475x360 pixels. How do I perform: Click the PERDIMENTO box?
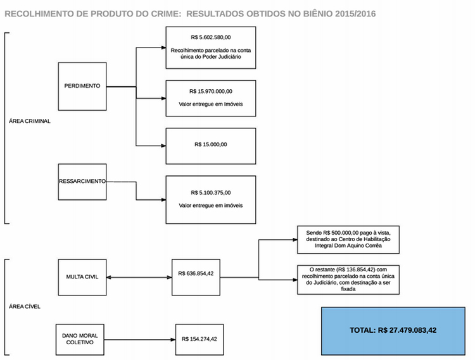click(82, 87)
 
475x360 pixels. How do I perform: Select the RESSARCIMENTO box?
click(82, 182)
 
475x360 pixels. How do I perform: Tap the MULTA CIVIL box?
click(82, 277)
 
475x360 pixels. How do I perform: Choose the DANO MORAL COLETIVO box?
click(80, 339)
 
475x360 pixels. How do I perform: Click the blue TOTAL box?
click(393, 331)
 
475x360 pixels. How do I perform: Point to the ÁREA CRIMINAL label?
click(30, 121)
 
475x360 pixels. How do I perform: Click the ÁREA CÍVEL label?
click(25, 306)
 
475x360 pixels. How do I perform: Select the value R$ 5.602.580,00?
click(211, 37)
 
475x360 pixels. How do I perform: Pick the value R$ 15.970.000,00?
click(211, 91)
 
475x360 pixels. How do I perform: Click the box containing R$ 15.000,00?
click(211, 146)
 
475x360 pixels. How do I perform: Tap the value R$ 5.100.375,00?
click(211, 193)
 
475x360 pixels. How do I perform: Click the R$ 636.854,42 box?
click(196, 277)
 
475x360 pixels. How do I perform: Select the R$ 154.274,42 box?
click(199, 339)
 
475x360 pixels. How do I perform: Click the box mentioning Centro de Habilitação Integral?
click(348, 239)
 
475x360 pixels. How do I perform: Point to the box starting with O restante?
click(348, 280)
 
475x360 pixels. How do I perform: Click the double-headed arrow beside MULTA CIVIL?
click(139, 277)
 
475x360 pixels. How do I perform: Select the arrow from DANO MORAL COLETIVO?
click(140, 339)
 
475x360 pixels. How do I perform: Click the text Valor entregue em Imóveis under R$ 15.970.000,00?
click(211, 104)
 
